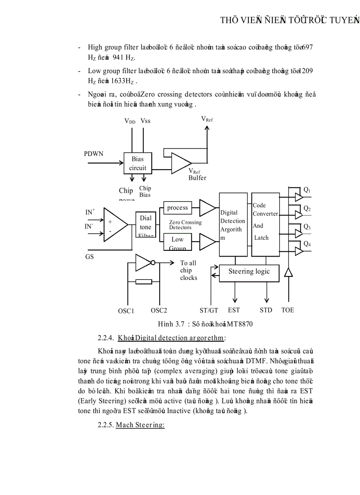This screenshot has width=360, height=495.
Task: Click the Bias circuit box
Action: pyautogui.click(x=137, y=163)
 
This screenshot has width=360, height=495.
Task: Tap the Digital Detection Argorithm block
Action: pyautogui.click(x=233, y=224)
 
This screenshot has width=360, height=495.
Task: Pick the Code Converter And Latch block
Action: pyautogui.click(x=266, y=224)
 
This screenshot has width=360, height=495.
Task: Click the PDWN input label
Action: pyautogui.click(x=94, y=154)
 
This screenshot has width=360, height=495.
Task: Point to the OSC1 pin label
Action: pyautogui.click(x=126, y=311)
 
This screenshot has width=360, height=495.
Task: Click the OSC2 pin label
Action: pyautogui.click(x=159, y=310)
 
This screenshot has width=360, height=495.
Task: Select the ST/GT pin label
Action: pyautogui.click(x=209, y=310)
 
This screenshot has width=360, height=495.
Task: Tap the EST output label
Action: pyautogui.click(x=234, y=310)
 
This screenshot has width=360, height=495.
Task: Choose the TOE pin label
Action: pyautogui.click(x=288, y=310)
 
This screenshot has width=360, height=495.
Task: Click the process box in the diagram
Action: pyautogui.click(x=177, y=208)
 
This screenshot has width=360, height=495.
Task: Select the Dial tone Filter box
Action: pyautogui.click(x=146, y=226)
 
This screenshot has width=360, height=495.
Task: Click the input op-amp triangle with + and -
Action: pyautogui.click(x=114, y=225)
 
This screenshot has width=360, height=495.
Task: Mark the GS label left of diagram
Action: pyautogui.click(x=90, y=257)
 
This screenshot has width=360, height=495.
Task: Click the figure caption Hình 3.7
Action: pyautogui.click(x=205, y=324)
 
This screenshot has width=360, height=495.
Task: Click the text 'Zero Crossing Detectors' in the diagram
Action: pyautogui.click(x=185, y=225)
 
